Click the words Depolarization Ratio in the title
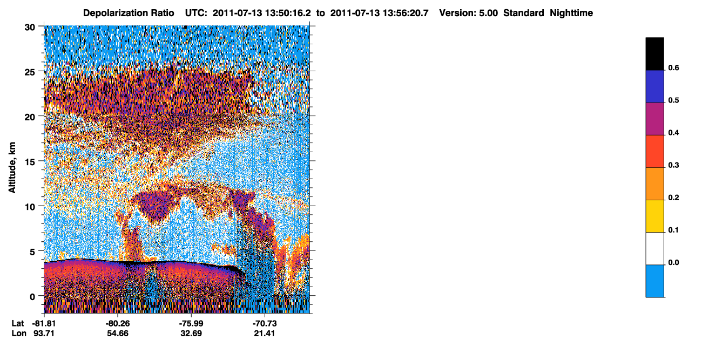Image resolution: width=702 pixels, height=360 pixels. point(129,13)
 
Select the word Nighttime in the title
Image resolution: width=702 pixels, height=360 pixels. point(571,13)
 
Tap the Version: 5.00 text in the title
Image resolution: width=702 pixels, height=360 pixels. point(468,13)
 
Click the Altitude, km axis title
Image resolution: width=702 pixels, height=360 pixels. point(12,167)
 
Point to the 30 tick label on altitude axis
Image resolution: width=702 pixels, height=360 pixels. point(30,28)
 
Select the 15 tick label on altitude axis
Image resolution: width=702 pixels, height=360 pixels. point(30,162)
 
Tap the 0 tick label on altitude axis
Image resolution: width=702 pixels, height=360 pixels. point(32,296)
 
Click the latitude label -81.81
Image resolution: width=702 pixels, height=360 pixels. point(44,323)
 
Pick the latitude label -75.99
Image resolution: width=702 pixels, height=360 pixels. point(191,323)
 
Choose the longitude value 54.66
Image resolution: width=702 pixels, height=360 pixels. point(118,333)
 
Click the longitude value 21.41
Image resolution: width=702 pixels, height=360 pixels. point(265,333)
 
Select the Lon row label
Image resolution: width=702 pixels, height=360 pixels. point(19,333)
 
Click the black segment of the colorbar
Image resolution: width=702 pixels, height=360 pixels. point(654,54)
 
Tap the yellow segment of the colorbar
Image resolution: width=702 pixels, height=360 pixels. point(654,216)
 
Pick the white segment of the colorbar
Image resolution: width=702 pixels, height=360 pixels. point(654,248)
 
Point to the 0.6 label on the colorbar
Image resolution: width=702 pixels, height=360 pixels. point(673,68)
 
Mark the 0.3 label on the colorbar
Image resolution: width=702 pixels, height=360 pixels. point(673,165)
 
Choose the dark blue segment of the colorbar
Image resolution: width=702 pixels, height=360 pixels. point(654,86)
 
